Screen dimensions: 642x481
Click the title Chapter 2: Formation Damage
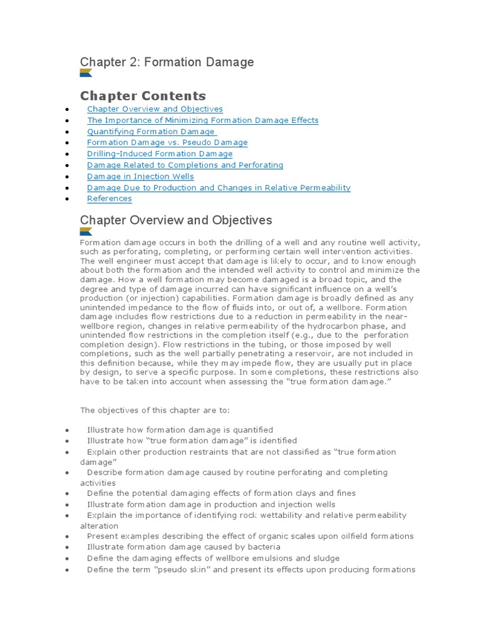(x=167, y=62)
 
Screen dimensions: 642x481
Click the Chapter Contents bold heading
(x=143, y=96)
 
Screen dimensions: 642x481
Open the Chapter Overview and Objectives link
(x=155, y=109)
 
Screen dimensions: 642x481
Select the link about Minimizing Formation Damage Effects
(x=202, y=120)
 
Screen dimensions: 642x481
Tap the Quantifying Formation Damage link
(x=151, y=132)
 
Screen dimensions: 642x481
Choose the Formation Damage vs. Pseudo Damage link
(x=167, y=143)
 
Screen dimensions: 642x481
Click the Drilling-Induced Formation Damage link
(x=160, y=154)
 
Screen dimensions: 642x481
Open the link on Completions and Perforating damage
(x=185, y=166)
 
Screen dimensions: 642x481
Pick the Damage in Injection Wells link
(x=140, y=177)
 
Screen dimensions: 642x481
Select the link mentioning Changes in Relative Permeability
(x=219, y=188)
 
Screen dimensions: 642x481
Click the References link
(x=110, y=199)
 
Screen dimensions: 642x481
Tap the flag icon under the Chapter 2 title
(x=86, y=73)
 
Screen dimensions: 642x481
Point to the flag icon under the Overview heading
(x=86, y=231)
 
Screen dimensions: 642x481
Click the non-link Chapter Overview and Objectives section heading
(x=176, y=220)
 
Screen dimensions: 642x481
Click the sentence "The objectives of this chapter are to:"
(x=155, y=410)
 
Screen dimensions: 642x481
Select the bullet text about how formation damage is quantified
(x=180, y=430)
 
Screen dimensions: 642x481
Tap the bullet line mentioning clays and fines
(x=221, y=493)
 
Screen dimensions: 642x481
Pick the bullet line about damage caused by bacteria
(x=184, y=547)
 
